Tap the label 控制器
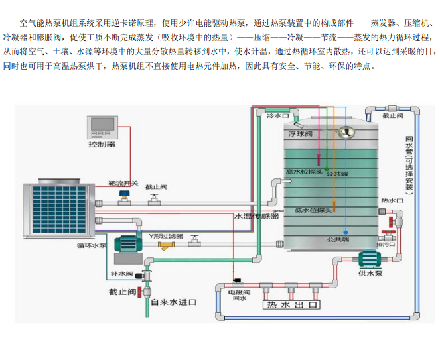click(x=102, y=144)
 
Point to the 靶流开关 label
click(x=123, y=183)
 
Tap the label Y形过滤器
click(x=167, y=235)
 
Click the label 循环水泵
click(x=91, y=245)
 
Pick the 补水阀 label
click(x=122, y=273)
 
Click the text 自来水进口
click(x=174, y=302)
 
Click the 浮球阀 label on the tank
click(x=299, y=134)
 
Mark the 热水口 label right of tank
click(x=392, y=200)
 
